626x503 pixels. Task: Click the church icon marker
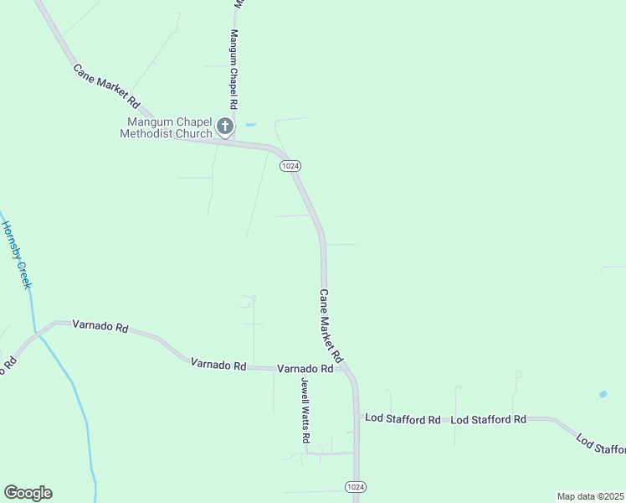(x=224, y=127)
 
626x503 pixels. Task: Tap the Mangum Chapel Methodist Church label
(x=167, y=127)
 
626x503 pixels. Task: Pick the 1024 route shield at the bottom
(x=355, y=487)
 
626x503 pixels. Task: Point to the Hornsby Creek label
(x=16, y=255)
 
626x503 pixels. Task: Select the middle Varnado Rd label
(x=218, y=365)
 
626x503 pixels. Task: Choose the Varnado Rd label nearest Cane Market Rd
(x=305, y=369)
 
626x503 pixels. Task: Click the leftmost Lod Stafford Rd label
(x=402, y=419)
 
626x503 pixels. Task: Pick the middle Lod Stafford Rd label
(x=488, y=419)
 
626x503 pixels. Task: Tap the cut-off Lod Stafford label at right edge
(x=602, y=444)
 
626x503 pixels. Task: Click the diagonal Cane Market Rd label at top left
(x=106, y=87)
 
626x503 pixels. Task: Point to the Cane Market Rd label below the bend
(x=331, y=327)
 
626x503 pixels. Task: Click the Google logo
(x=28, y=493)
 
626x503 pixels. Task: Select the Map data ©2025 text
(x=590, y=496)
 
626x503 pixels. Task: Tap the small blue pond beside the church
(x=250, y=125)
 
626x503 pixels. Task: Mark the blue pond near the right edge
(x=603, y=393)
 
